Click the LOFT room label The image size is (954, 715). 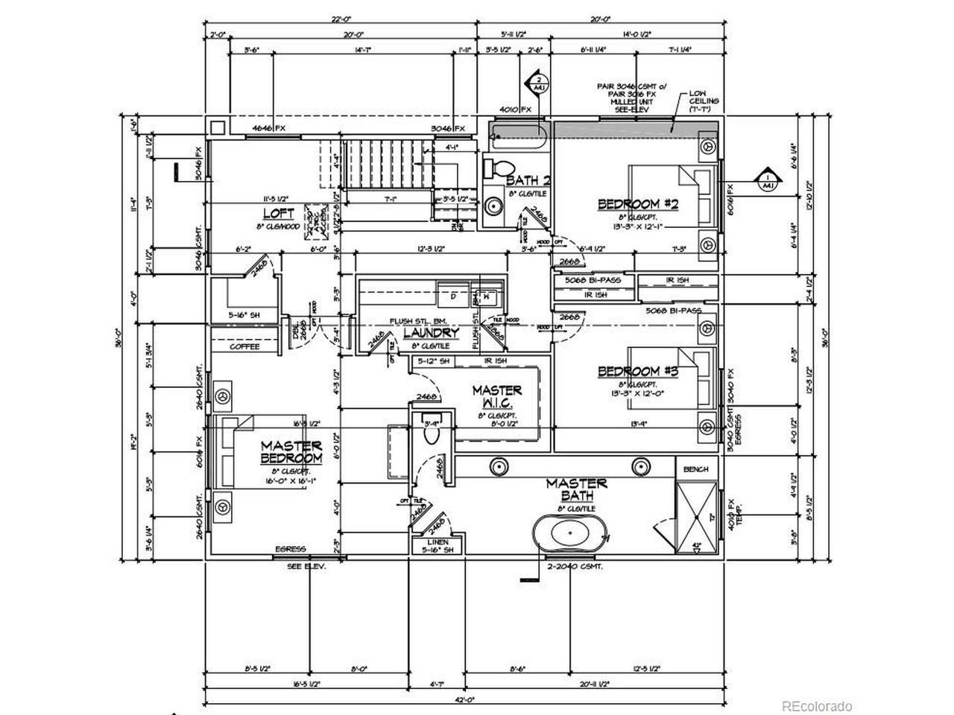(268, 212)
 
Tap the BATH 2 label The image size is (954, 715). (528, 180)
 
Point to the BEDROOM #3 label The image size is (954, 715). (629, 371)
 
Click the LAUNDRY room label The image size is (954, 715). (431, 333)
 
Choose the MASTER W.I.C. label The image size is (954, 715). (496, 396)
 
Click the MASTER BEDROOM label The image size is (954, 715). (291, 452)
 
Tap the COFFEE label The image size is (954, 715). (244, 346)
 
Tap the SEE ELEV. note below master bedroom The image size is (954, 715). (308, 566)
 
